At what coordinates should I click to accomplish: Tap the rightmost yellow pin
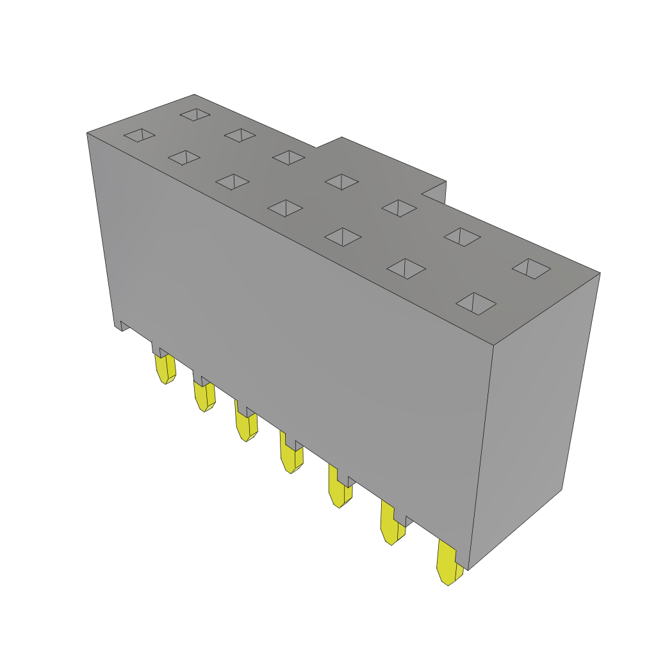pyautogui.click(x=448, y=563)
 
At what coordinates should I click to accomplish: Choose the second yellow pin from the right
pyautogui.click(x=391, y=524)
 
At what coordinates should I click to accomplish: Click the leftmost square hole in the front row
pyautogui.click(x=139, y=135)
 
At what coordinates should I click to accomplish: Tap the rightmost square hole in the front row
pyautogui.click(x=475, y=303)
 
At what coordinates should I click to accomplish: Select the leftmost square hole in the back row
pyautogui.click(x=195, y=114)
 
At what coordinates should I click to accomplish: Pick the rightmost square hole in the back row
pyautogui.click(x=531, y=268)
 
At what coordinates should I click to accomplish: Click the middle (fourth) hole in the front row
pyautogui.click(x=285, y=208)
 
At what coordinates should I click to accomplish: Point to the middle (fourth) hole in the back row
pyautogui.click(x=341, y=181)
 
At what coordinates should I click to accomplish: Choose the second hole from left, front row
pyautogui.click(x=184, y=157)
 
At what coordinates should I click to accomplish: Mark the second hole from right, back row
pyautogui.click(x=462, y=236)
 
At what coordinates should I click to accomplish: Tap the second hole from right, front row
pyautogui.click(x=406, y=268)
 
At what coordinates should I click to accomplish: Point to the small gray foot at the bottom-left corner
pyautogui.click(x=122, y=325)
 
